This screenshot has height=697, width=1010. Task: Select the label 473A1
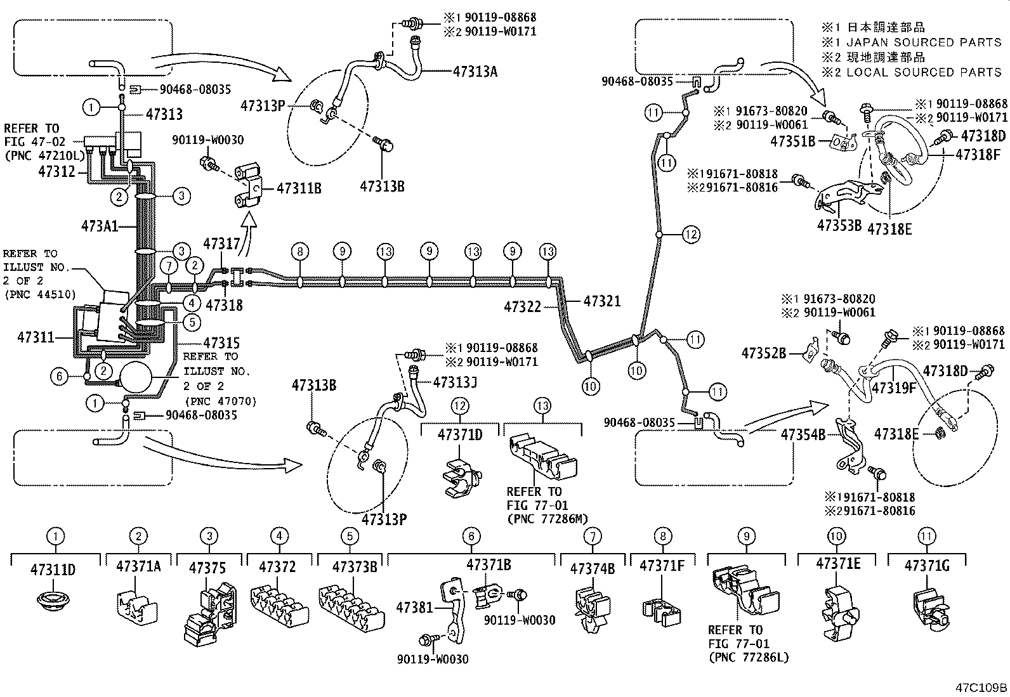(x=100, y=226)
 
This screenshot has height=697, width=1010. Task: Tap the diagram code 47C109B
(x=982, y=687)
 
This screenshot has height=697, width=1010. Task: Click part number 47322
(x=523, y=307)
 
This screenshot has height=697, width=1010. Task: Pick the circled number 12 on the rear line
(x=691, y=235)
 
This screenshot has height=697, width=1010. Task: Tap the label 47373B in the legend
(x=355, y=567)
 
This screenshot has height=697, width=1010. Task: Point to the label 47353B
(x=839, y=225)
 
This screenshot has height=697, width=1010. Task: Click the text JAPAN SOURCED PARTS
(x=924, y=42)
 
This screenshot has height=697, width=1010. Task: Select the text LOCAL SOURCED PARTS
(x=924, y=72)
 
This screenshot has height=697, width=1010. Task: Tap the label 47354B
(x=803, y=435)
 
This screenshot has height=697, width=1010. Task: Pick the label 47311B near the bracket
(x=299, y=188)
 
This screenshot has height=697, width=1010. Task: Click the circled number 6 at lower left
(x=59, y=377)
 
